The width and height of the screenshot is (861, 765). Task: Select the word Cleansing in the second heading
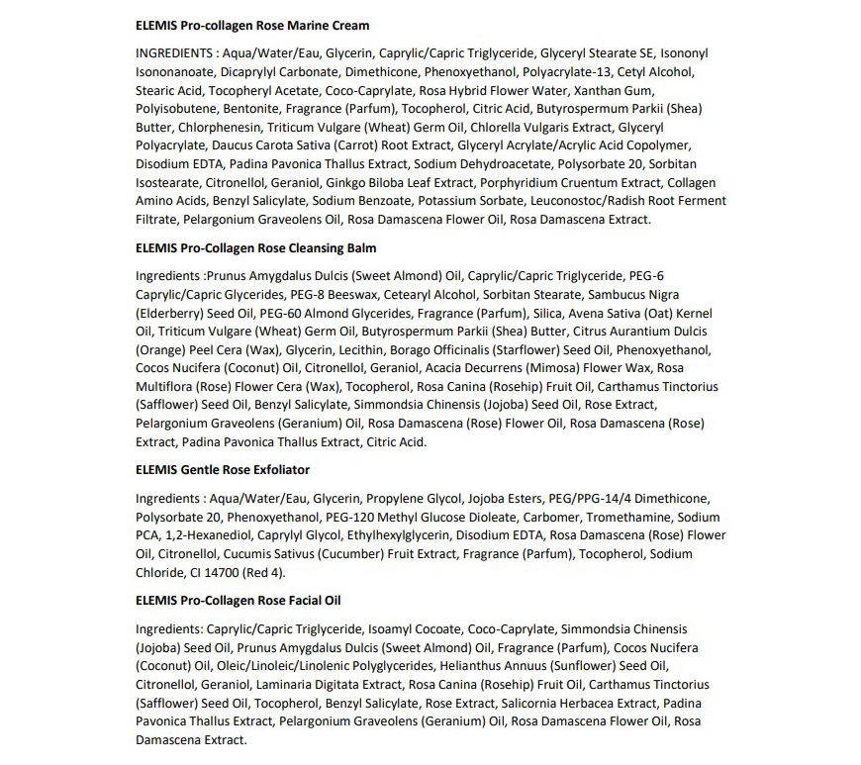[294, 247]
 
